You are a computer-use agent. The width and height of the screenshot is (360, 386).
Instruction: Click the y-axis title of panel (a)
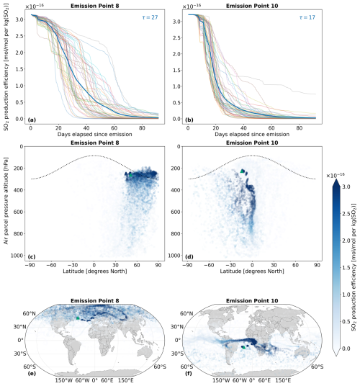6,69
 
